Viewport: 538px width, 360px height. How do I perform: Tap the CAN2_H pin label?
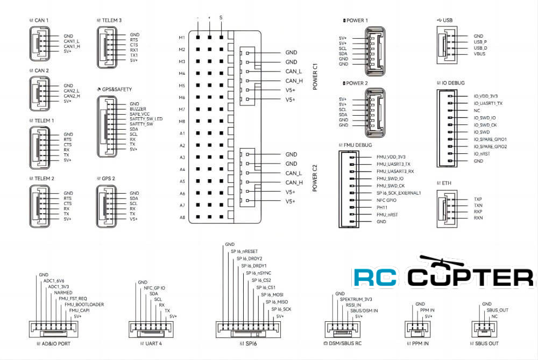point(72,96)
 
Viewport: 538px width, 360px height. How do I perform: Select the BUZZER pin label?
point(138,109)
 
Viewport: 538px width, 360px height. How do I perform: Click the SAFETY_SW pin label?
point(141,124)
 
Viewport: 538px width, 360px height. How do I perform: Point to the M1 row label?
point(182,38)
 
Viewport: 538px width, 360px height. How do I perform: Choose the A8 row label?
point(182,217)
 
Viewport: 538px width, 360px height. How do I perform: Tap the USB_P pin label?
point(480,42)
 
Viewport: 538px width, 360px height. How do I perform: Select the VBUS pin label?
point(480,54)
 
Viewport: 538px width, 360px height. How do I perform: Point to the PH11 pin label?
point(382,207)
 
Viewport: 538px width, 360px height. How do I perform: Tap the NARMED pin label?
point(63,293)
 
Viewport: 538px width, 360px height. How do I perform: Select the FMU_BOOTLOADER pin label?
point(84,305)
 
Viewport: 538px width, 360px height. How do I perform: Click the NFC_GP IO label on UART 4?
point(155,288)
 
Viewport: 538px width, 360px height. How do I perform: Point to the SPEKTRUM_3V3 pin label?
point(356,299)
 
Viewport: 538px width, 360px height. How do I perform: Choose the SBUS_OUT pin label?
point(497,310)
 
